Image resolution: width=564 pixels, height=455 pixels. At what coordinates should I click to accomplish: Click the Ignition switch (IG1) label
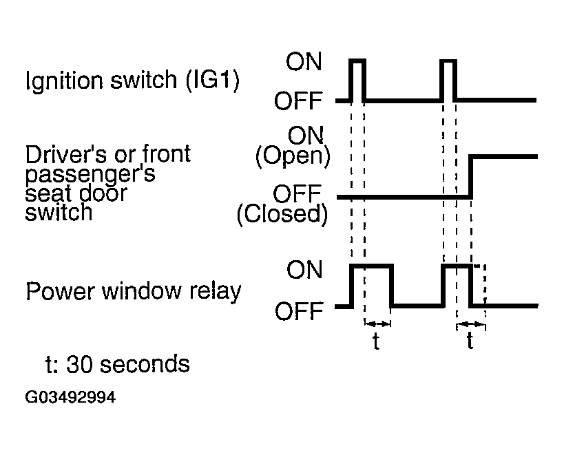click(x=132, y=81)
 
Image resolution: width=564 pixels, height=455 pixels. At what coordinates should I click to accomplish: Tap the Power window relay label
click(x=134, y=291)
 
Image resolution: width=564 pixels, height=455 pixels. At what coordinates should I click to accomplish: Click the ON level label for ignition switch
click(x=304, y=62)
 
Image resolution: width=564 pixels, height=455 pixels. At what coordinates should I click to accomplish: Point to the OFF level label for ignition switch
click(x=298, y=100)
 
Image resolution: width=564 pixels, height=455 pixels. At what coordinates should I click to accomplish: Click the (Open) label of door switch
click(x=293, y=156)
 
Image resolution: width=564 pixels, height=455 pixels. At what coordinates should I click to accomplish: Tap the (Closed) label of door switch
click(x=282, y=215)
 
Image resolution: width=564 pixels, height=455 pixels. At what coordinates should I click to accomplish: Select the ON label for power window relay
click(x=304, y=270)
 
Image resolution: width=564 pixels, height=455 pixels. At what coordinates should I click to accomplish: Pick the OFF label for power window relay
click(x=299, y=311)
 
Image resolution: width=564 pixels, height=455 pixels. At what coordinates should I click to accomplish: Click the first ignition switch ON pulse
click(x=357, y=61)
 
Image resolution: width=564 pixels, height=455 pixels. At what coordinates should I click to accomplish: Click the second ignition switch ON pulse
click(x=448, y=61)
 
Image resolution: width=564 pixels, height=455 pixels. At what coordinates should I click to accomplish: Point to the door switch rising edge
click(x=470, y=177)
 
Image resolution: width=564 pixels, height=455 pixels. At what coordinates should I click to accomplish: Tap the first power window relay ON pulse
click(x=372, y=266)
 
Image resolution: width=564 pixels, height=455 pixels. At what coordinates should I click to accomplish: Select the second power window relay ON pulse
click(x=457, y=266)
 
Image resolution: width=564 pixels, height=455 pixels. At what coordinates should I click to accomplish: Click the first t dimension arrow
click(x=377, y=324)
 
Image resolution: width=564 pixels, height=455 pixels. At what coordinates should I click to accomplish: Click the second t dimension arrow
click(x=471, y=324)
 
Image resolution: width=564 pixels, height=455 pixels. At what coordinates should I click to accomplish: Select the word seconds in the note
click(x=145, y=363)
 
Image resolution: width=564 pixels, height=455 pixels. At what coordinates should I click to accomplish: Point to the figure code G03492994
click(x=70, y=397)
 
